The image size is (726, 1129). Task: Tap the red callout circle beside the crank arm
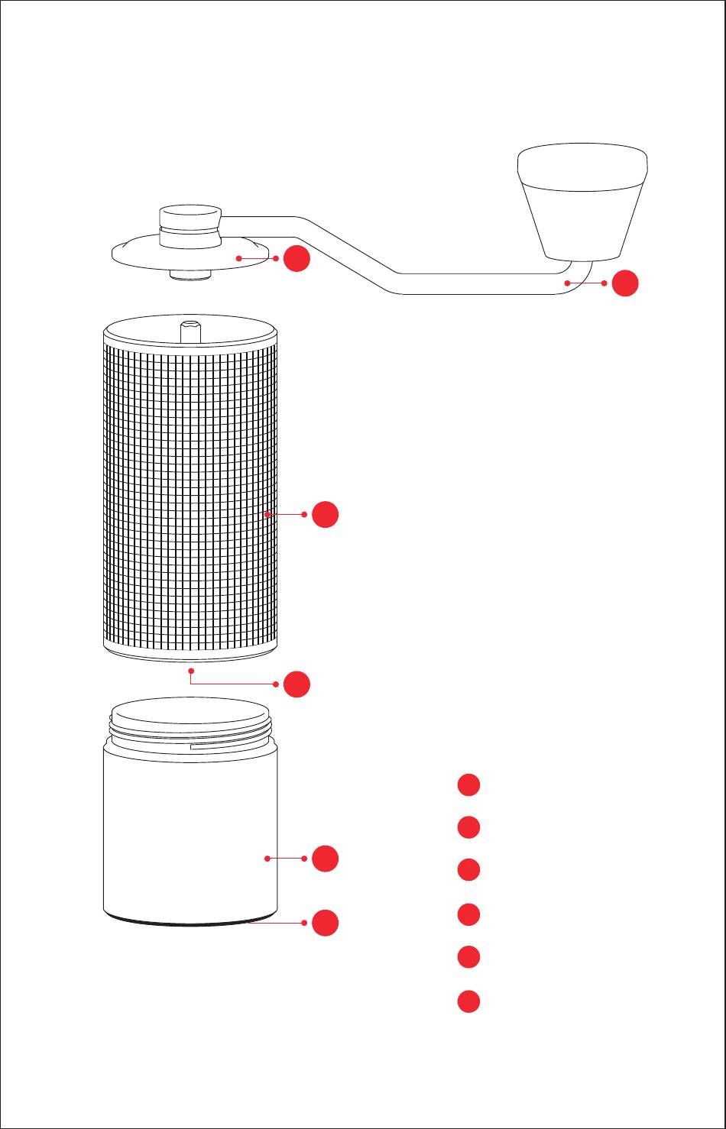(x=625, y=283)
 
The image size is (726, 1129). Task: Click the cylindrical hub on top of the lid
(x=190, y=225)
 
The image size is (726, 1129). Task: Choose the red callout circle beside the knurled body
(x=325, y=514)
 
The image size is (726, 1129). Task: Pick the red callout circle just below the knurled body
(x=297, y=684)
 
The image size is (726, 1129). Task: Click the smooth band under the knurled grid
(x=190, y=649)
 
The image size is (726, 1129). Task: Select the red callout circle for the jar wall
(x=325, y=859)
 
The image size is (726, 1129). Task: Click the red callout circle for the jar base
(x=325, y=923)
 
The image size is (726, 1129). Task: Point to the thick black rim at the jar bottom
(x=190, y=921)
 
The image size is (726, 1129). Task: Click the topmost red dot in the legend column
(x=468, y=785)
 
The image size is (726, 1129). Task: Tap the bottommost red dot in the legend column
(x=468, y=1001)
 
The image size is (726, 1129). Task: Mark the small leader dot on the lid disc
(x=239, y=259)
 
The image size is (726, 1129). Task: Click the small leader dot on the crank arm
(x=567, y=283)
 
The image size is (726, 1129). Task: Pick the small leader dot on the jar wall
(x=267, y=859)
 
